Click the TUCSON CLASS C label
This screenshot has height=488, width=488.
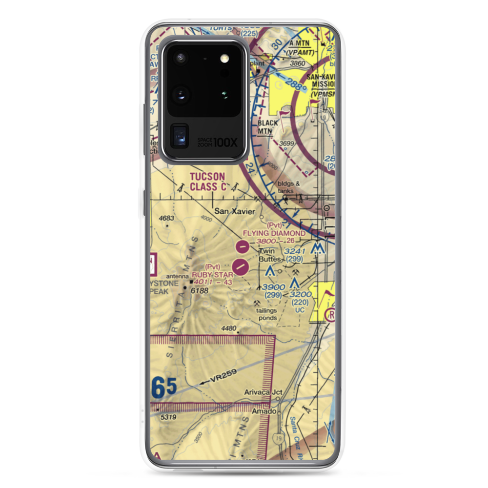207,181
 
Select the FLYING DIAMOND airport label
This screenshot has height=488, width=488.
282,233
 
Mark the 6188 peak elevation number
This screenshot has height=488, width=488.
200,291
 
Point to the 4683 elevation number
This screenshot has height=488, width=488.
166,218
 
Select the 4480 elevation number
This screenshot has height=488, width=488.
228,328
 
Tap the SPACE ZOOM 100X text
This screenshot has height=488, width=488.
218,142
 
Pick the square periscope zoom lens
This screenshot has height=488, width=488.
180,137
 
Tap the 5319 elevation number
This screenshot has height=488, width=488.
167,417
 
